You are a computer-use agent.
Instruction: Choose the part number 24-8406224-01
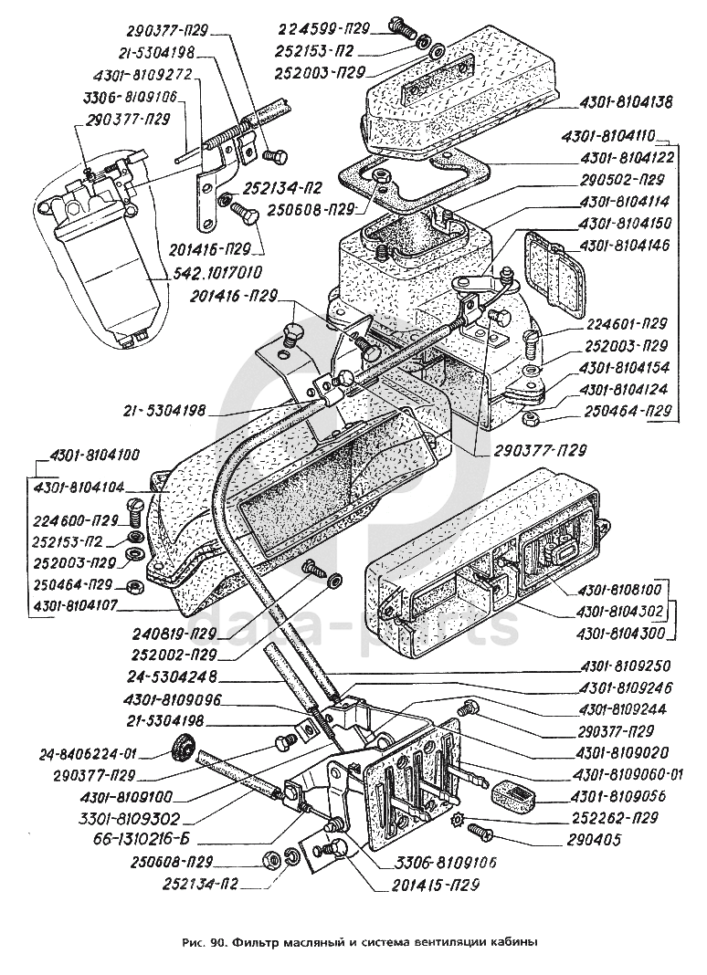[x=88, y=754]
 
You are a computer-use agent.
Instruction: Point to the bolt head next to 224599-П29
[x=398, y=27]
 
